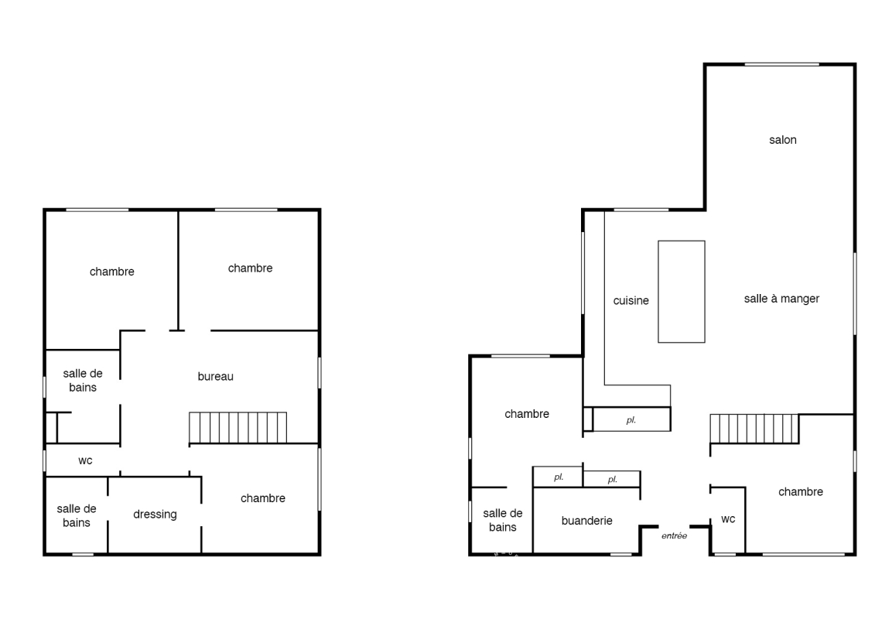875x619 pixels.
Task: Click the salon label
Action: point(782,140)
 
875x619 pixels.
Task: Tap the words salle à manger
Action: point(781,299)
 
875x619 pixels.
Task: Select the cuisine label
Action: point(631,300)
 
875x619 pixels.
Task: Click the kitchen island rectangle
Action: point(682,292)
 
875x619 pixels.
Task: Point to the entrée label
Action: point(674,536)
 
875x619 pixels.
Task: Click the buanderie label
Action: point(586,521)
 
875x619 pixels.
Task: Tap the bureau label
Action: point(215,376)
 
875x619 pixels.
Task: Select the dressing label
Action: point(155,515)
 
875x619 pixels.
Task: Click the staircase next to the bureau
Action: point(238,428)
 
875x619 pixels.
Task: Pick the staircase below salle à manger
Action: point(754,429)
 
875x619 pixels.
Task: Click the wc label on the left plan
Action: point(85,460)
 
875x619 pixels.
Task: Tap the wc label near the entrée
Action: point(728,519)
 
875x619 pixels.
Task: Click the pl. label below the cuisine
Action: point(631,420)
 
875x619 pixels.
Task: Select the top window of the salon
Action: point(781,65)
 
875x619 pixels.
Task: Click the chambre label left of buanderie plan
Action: point(527,414)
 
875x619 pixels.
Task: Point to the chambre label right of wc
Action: point(800,492)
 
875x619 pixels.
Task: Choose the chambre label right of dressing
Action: point(263,498)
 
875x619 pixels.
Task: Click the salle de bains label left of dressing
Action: point(77,516)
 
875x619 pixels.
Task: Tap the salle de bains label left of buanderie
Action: point(503,520)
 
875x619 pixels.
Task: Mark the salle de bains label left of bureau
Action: point(83,381)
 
